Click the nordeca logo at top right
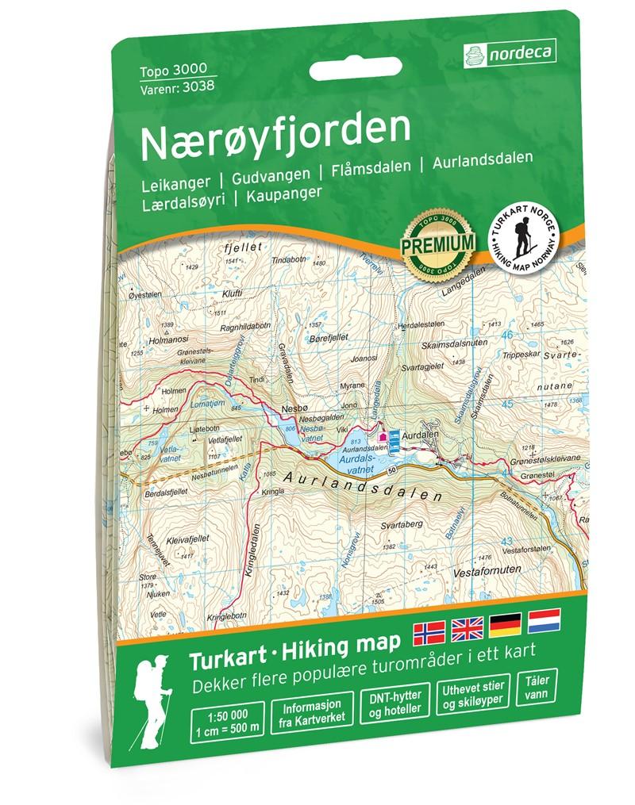[510, 54]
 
